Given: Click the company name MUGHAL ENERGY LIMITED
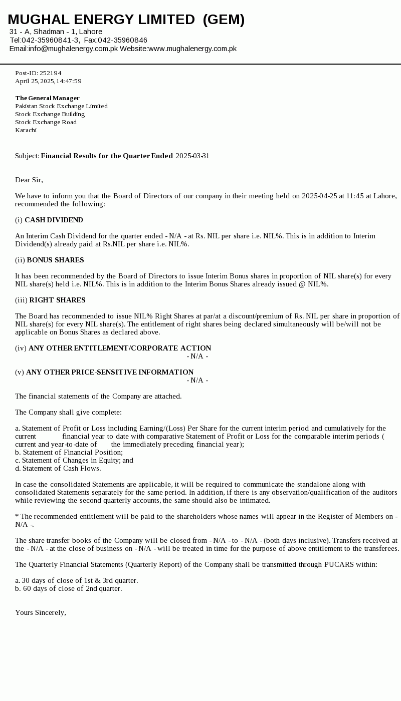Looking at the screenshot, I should [101, 20].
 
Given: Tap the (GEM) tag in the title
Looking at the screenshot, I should [224, 20].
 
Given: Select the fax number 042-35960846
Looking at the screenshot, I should [122, 40].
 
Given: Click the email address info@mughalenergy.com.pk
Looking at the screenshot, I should [73, 49].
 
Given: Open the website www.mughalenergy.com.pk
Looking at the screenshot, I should [192, 49].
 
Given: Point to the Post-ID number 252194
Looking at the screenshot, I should [50, 73].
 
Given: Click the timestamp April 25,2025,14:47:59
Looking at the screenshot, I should [48, 81].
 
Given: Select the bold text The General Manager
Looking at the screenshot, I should [47, 98].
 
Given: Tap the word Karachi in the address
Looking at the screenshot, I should [26, 130].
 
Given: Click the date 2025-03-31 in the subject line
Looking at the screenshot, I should [192, 156].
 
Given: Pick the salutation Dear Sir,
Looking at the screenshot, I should [29, 180].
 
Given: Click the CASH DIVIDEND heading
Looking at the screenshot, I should [54, 220].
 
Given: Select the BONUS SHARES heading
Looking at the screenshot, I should [55, 260].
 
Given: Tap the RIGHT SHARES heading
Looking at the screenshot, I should [57, 300].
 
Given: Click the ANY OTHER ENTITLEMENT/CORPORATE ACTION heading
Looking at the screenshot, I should [120, 348].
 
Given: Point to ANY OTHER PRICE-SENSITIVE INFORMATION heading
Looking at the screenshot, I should [110, 372].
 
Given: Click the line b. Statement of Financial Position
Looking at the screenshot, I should [69, 452].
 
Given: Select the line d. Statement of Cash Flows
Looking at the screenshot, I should [58, 468].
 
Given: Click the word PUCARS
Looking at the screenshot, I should [340, 564].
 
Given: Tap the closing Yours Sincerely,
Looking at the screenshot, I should [41, 612].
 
